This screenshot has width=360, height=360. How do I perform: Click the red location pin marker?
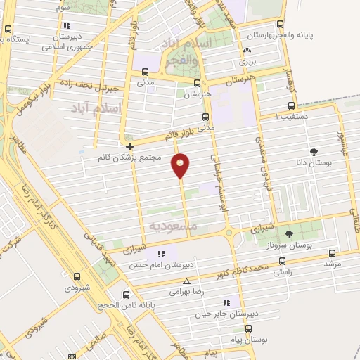coord(181,165)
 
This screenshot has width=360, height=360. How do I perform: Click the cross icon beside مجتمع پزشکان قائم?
coord(129,147)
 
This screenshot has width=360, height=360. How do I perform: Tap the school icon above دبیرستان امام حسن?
coord(162,254)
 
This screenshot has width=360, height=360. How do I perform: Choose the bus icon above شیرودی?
coord(69,276)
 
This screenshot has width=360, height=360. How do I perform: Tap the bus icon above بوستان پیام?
coord(248,328)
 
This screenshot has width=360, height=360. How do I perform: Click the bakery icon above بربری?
coord(246,51)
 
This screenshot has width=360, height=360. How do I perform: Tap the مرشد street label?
coord(332,263)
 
